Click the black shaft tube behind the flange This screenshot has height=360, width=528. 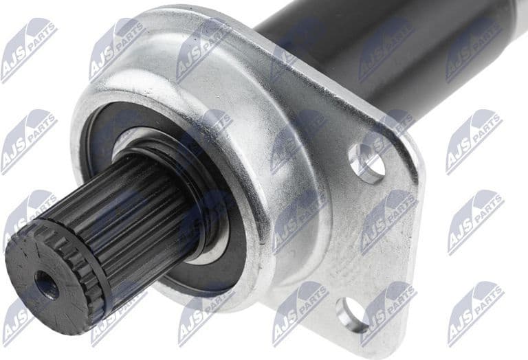coord(385,48)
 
